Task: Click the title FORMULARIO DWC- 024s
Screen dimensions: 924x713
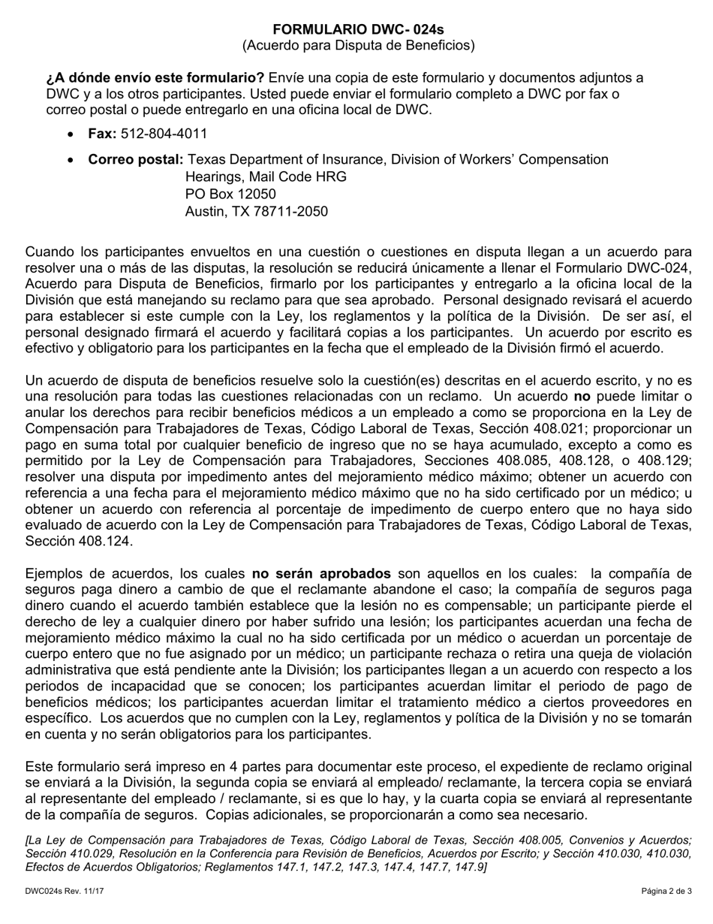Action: coord(358,29)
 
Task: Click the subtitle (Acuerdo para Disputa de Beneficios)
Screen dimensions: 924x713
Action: coord(358,46)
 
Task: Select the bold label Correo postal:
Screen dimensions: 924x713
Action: coord(136,160)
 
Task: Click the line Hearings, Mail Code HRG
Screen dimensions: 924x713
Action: coord(266,177)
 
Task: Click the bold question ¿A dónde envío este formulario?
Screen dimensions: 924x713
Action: coord(155,78)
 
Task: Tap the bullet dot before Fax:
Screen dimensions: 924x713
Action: coord(71,134)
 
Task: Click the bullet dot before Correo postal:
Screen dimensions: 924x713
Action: coord(71,161)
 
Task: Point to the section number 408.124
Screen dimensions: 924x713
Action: coord(106,541)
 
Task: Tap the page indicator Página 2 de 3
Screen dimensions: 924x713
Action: coord(666,892)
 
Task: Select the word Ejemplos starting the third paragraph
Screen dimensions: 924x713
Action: coord(53,573)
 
